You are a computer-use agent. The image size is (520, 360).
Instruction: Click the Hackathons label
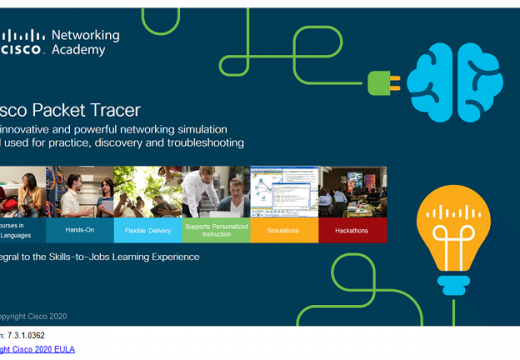point(352,230)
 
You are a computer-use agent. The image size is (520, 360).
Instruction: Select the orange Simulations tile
point(284,230)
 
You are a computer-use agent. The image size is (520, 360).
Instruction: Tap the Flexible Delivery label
point(148,230)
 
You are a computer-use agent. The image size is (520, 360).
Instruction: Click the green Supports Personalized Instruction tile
point(216,230)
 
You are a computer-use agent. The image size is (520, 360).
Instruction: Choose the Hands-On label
point(80,230)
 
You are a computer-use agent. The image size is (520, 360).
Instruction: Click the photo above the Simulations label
point(284,191)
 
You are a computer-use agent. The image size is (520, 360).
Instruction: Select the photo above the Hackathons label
point(352,191)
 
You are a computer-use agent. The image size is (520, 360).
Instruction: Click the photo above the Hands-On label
point(80,191)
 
